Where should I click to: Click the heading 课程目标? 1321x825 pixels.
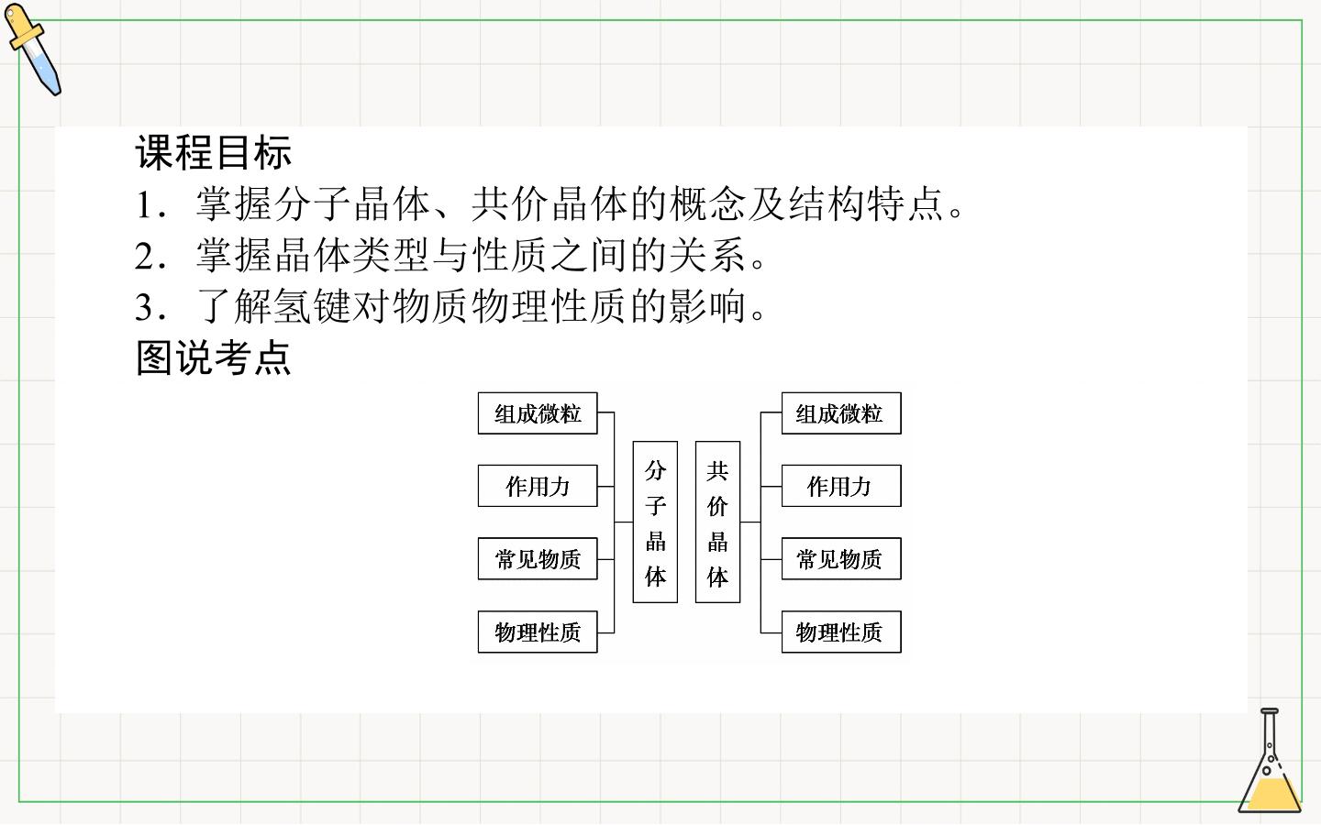[x=214, y=152]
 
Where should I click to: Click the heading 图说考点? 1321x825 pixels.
[x=214, y=357]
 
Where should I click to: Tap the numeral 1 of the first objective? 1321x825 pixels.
[x=145, y=205]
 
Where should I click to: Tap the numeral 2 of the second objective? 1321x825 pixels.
[x=145, y=257]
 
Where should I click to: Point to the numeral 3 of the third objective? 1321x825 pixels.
[x=145, y=308]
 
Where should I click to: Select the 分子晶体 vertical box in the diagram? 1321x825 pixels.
[x=655, y=522]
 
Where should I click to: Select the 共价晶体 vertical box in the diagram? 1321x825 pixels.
[x=717, y=522]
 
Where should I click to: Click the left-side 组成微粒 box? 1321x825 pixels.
[x=538, y=413]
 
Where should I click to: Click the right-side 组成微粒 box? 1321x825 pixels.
[x=841, y=413]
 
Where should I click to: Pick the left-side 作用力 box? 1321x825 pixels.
[x=538, y=486]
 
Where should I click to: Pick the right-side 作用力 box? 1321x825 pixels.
[x=841, y=486]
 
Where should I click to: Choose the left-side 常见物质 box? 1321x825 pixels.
[x=538, y=558]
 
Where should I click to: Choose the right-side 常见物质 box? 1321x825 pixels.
[x=841, y=558]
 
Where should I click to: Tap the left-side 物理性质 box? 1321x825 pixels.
[x=538, y=632]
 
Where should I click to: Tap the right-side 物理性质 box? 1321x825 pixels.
[x=841, y=632]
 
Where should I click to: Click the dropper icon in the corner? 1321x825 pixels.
[x=32, y=49]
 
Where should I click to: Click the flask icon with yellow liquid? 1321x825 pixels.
[x=1269, y=761]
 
